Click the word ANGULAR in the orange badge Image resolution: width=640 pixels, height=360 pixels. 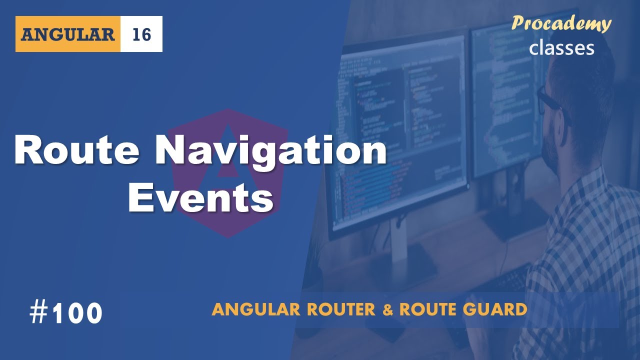point(68,34)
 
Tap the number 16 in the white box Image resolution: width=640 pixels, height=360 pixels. point(141,34)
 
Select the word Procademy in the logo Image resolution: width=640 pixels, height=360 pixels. point(561,24)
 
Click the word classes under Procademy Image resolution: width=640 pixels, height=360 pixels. point(561,47)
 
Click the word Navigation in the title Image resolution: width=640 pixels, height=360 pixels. point(270,151)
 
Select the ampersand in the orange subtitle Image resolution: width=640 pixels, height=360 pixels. point(387,310)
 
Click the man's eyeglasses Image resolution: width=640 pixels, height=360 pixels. point(550,100)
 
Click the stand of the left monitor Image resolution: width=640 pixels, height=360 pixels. point(400,250)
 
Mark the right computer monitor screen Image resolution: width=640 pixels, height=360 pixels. point(505,100)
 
